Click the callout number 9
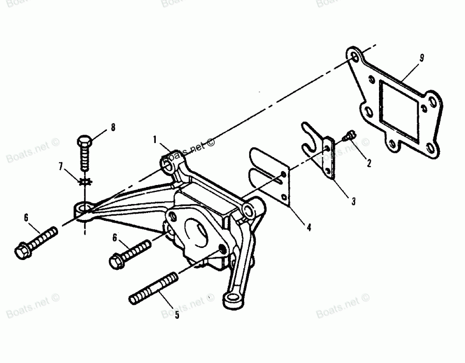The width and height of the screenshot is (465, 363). coord(421,58)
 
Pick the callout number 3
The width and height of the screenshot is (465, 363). coord(353,201)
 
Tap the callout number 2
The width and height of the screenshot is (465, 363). coord(368,163)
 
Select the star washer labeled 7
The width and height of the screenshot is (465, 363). coord(85,182)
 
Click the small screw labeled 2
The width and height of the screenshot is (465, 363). coord(348,136)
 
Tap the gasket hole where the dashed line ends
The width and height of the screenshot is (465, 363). coord(354,58)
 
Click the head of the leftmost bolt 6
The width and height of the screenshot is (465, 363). coord(21,252)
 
